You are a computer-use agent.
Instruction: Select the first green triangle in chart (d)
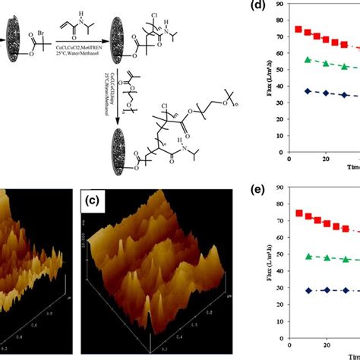click(x=307, y=60)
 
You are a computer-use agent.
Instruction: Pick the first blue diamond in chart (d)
click(x=307, y=91)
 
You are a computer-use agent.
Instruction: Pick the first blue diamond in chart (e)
click(x=308, y=290)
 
